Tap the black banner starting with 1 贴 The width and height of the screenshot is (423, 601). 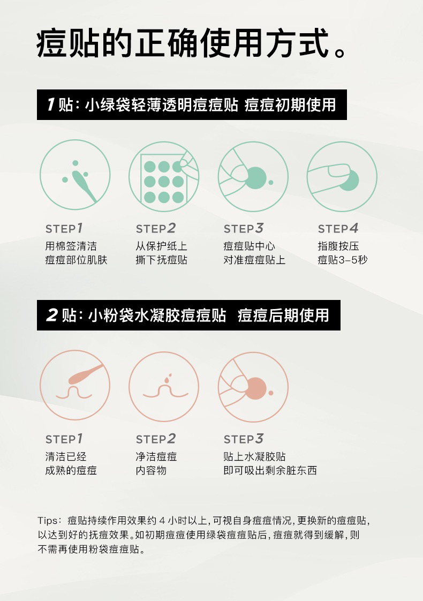[192, 104]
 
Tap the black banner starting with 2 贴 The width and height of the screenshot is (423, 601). [188, 315]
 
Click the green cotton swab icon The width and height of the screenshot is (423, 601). [75, 175]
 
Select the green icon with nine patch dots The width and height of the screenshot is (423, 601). [164, 176]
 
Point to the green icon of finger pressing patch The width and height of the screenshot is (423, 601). [342, 176]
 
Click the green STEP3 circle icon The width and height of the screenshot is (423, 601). [253, 176]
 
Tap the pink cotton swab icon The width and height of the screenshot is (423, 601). [75, 385]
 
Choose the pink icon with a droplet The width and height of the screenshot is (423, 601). [164, 387]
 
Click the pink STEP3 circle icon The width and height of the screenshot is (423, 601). [253, 387]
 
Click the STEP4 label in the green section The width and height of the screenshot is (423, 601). [338, 228]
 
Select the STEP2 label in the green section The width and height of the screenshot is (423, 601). [156, 228]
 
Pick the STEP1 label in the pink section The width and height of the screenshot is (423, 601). [64, 439]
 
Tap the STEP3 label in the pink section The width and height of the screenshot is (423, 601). [244, 439]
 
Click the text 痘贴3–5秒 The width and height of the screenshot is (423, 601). [343, 260]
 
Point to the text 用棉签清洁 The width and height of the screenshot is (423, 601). [71, 246]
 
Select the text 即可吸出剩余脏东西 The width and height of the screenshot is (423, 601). [270, 470]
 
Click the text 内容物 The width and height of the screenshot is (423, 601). [151, 470]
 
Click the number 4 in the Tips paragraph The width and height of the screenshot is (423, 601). [162, 521]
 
